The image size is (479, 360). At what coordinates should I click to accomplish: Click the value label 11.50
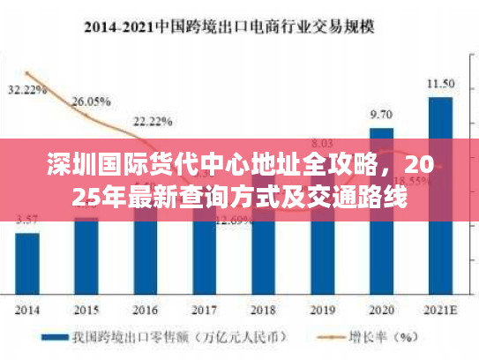(440, 84)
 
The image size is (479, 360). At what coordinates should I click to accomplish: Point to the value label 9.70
(381, 115)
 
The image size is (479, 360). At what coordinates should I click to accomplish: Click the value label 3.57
(27, 219)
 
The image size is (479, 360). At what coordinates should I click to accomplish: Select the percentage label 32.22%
(27, 90)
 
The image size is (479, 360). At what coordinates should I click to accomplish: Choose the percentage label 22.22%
(153, 120)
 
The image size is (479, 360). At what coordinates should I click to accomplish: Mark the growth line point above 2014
(29, 73)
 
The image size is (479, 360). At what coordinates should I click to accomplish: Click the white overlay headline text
(239, 180)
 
